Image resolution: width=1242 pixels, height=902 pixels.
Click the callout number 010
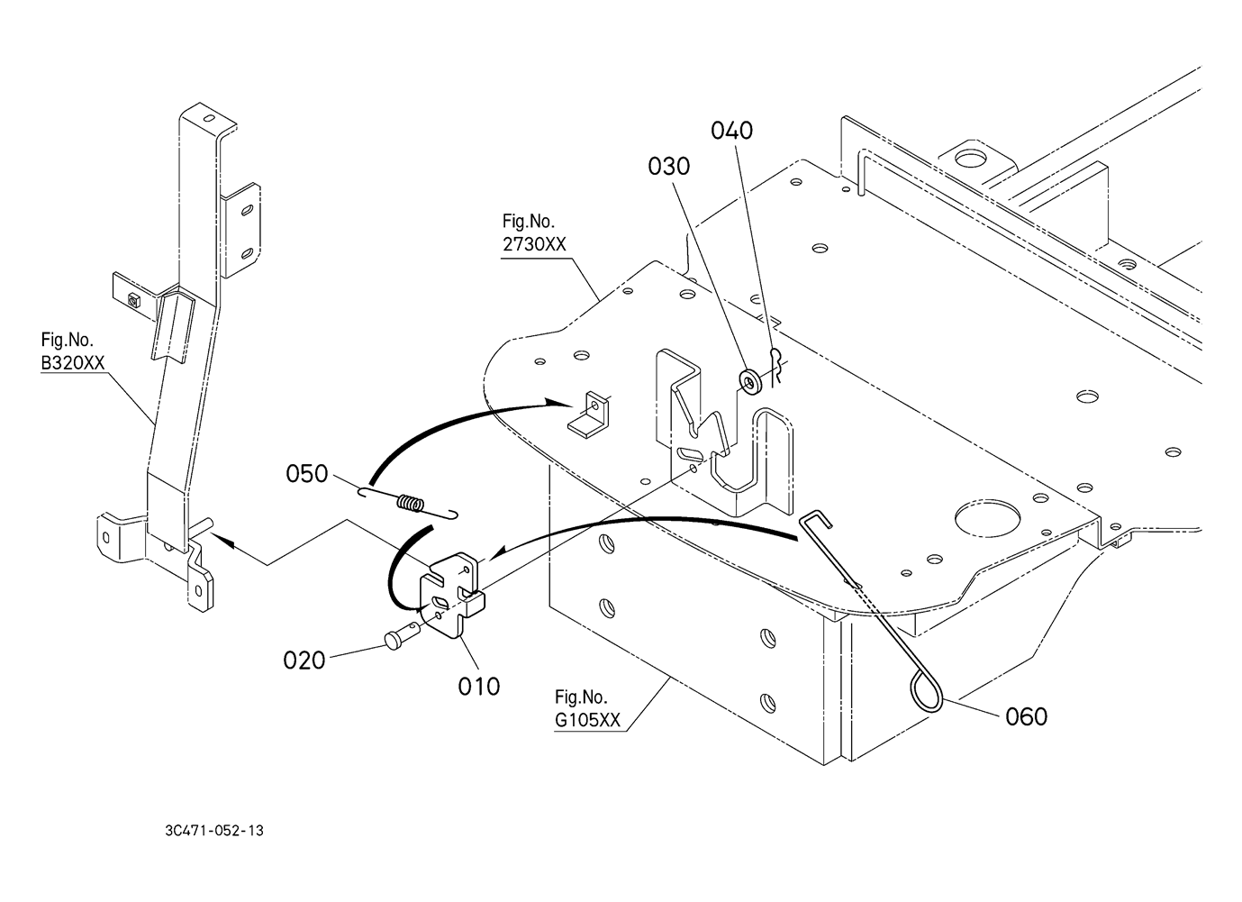(479, 687)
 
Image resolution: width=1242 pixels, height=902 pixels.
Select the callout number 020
(304, 661)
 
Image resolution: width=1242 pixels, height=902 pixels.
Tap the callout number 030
(668, 167)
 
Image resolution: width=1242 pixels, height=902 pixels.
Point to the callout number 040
(732, 131)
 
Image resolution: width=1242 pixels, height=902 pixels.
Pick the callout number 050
(306, 474)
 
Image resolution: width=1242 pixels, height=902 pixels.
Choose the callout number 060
(1027, 716)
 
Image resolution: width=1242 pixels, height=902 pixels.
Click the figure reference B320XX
(73, 363)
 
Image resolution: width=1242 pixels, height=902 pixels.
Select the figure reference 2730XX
(534, 244)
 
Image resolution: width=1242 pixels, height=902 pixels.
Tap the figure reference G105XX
(587, 720)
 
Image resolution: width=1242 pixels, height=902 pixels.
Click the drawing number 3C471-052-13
(214, 831)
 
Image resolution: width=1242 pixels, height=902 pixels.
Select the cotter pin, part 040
(777, 366)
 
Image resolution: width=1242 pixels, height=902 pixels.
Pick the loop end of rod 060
(926, 694)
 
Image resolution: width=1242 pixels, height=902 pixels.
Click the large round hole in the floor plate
(987, 519)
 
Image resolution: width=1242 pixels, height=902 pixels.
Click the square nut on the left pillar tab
(133, 301)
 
